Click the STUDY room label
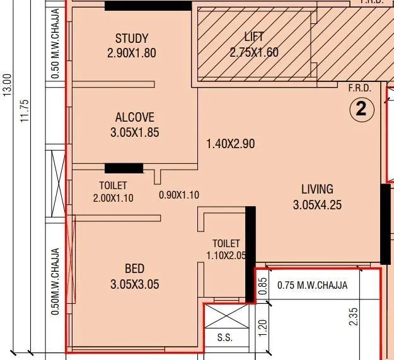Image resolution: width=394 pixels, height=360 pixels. coord(131,38)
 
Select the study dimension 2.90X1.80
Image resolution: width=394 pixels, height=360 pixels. coord(131,53)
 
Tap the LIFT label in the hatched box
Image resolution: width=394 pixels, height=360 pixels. coord(254,37)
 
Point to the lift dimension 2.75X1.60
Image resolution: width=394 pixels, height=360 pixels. coord(254,52)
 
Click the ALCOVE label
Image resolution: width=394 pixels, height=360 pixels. coord(134,117)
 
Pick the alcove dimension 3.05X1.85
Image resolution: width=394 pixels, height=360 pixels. coord(134,132)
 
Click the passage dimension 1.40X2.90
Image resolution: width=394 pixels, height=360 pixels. coord(230,144)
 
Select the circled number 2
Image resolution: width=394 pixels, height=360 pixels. coord(361,110)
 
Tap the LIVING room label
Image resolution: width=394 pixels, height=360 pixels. coord(317,189)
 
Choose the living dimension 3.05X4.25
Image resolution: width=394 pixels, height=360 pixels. coord(317,204)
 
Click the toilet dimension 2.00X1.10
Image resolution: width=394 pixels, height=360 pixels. coord(113,198)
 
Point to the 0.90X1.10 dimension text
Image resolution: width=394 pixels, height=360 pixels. coord(178,195)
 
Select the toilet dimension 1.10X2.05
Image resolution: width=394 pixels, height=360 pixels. coord(226,255)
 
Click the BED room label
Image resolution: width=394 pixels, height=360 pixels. coord(134,269)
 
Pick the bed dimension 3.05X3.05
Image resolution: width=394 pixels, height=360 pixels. coord(134,284)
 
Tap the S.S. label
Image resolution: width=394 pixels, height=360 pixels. coord(225,338)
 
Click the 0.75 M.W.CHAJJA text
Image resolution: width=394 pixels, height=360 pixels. coord(312,285)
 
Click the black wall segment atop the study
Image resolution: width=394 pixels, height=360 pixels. coord(148,6)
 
